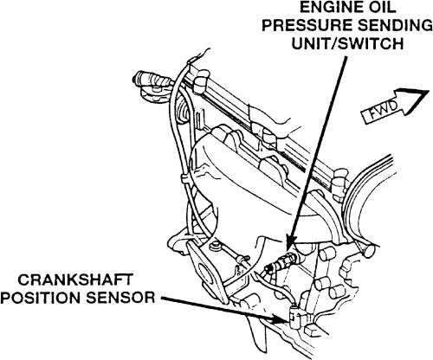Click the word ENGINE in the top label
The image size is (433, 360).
(329, 7)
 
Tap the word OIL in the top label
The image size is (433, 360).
(380, 7)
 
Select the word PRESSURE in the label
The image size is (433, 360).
(305, 25)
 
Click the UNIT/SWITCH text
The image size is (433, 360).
(347, 44)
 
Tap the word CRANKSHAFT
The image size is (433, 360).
(75, 280)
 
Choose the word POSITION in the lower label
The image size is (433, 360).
(42, 298)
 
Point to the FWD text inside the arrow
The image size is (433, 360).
(385, 111)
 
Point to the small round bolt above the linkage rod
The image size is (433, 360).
(215, 247)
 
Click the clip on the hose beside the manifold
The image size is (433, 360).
(184, 179)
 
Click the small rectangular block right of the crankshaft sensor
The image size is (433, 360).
(313, 329)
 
